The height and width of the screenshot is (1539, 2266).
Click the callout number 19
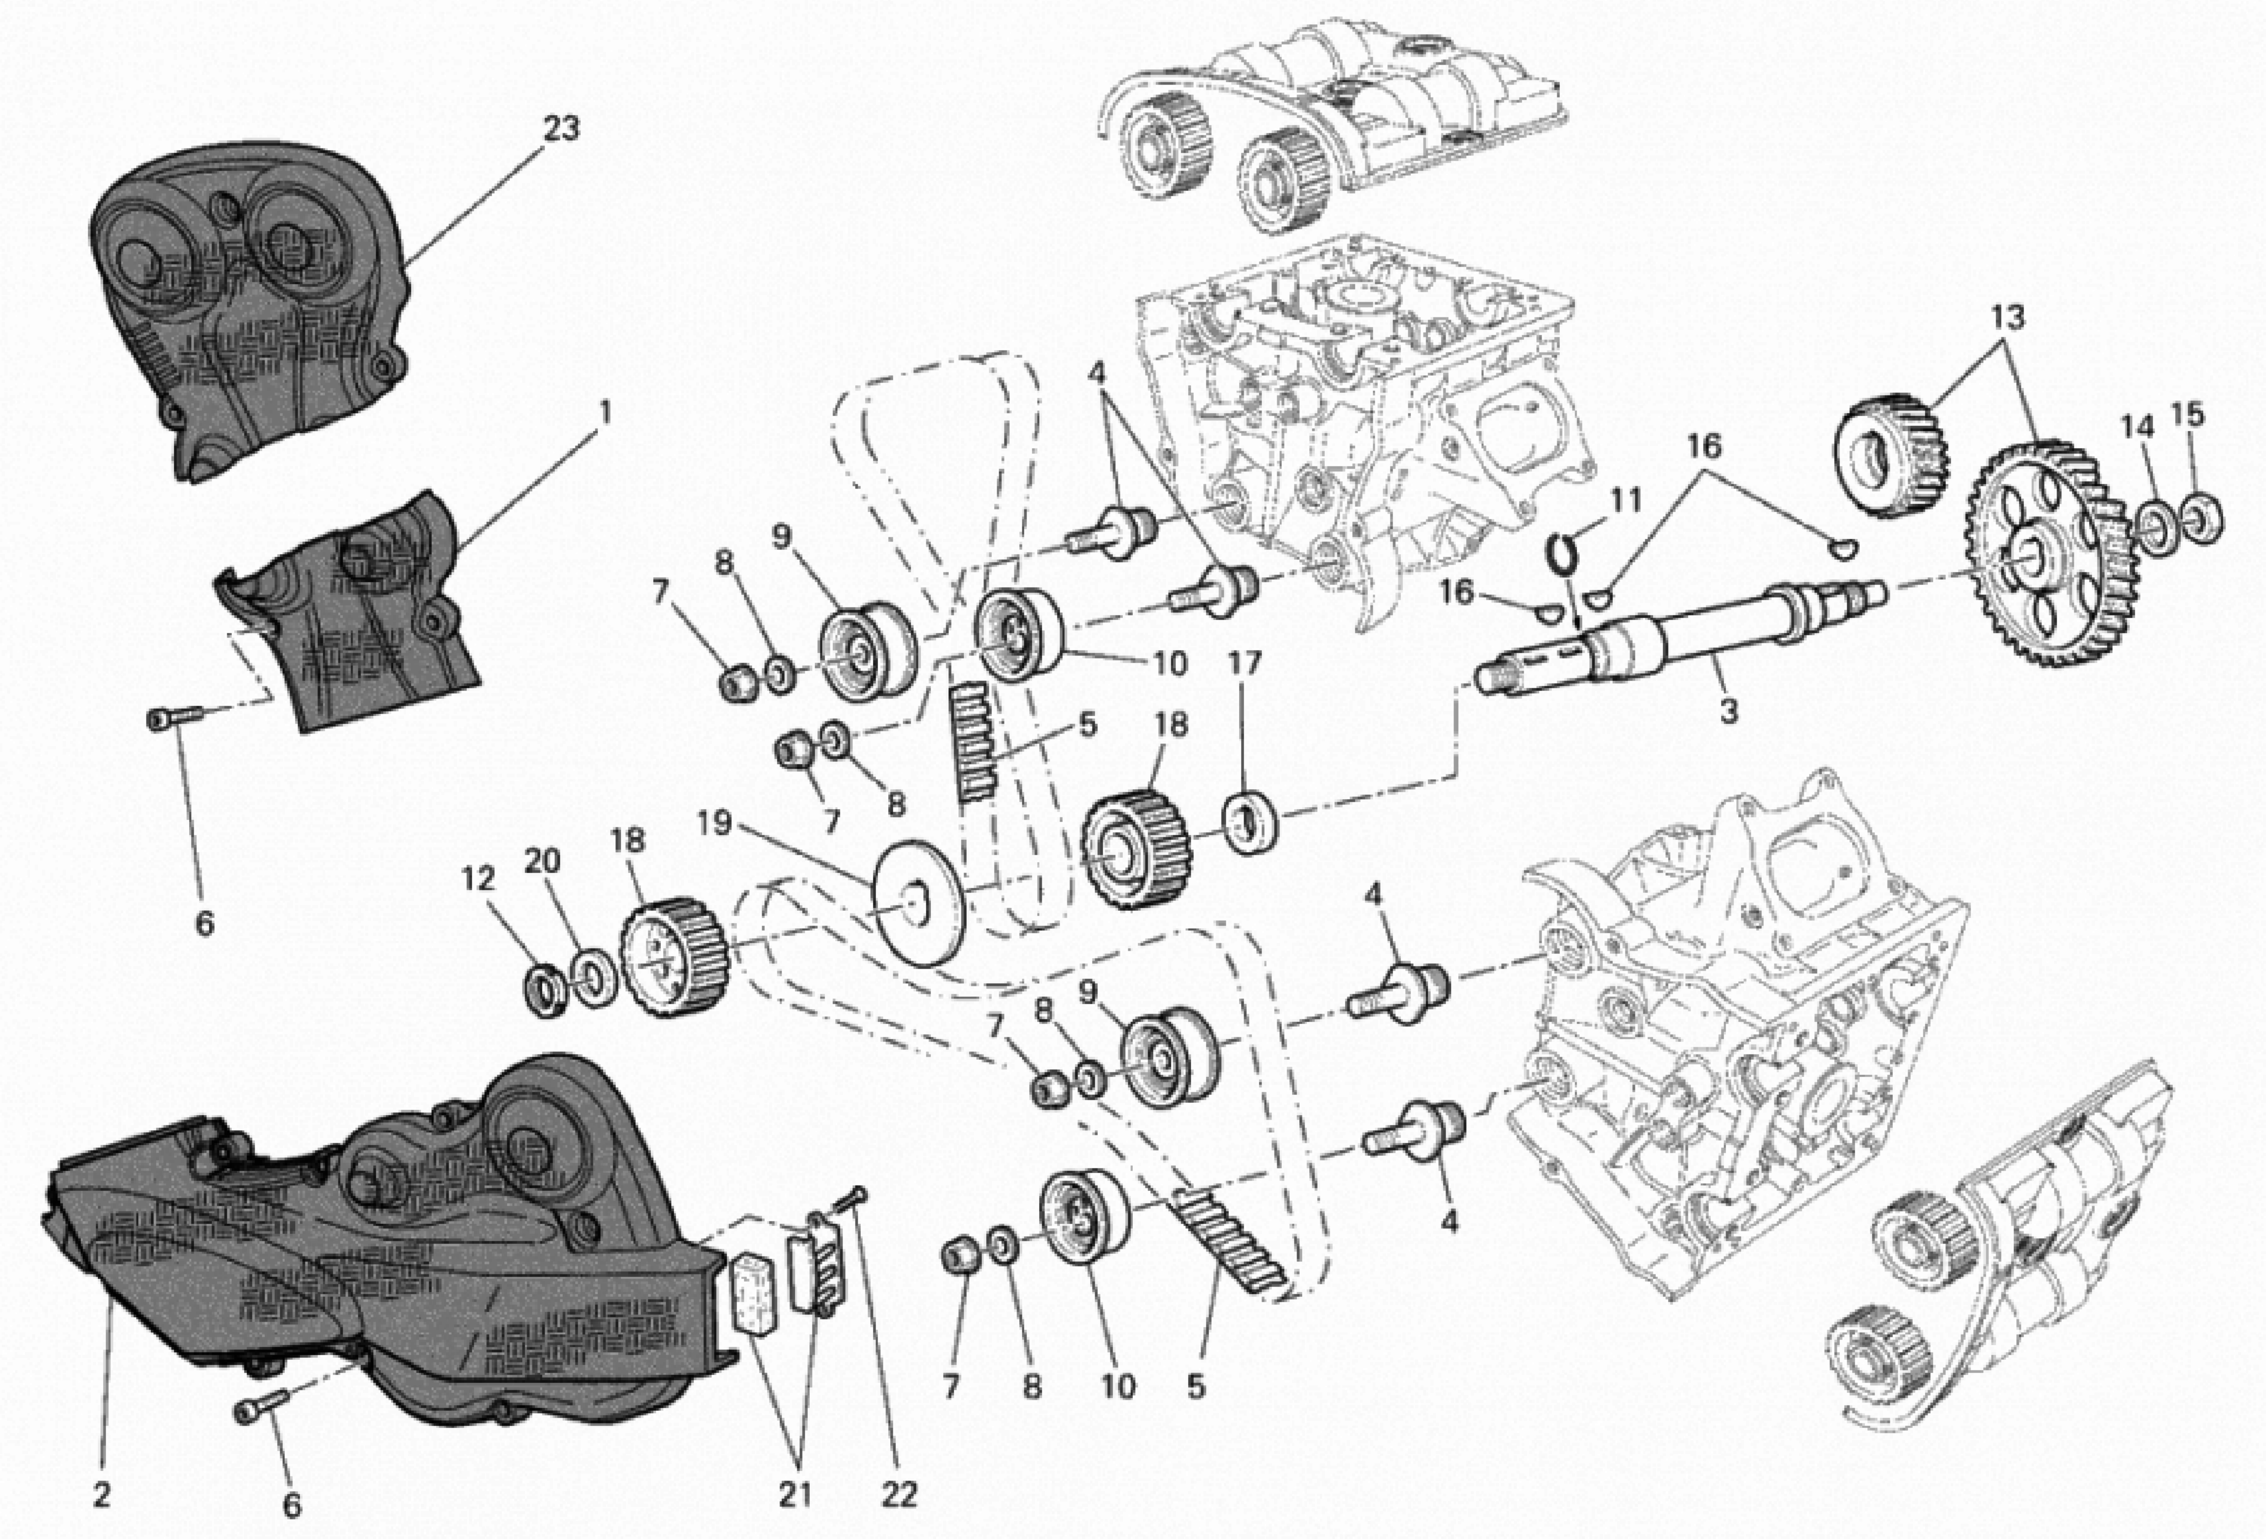715,823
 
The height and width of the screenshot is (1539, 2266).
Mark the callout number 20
543,861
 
